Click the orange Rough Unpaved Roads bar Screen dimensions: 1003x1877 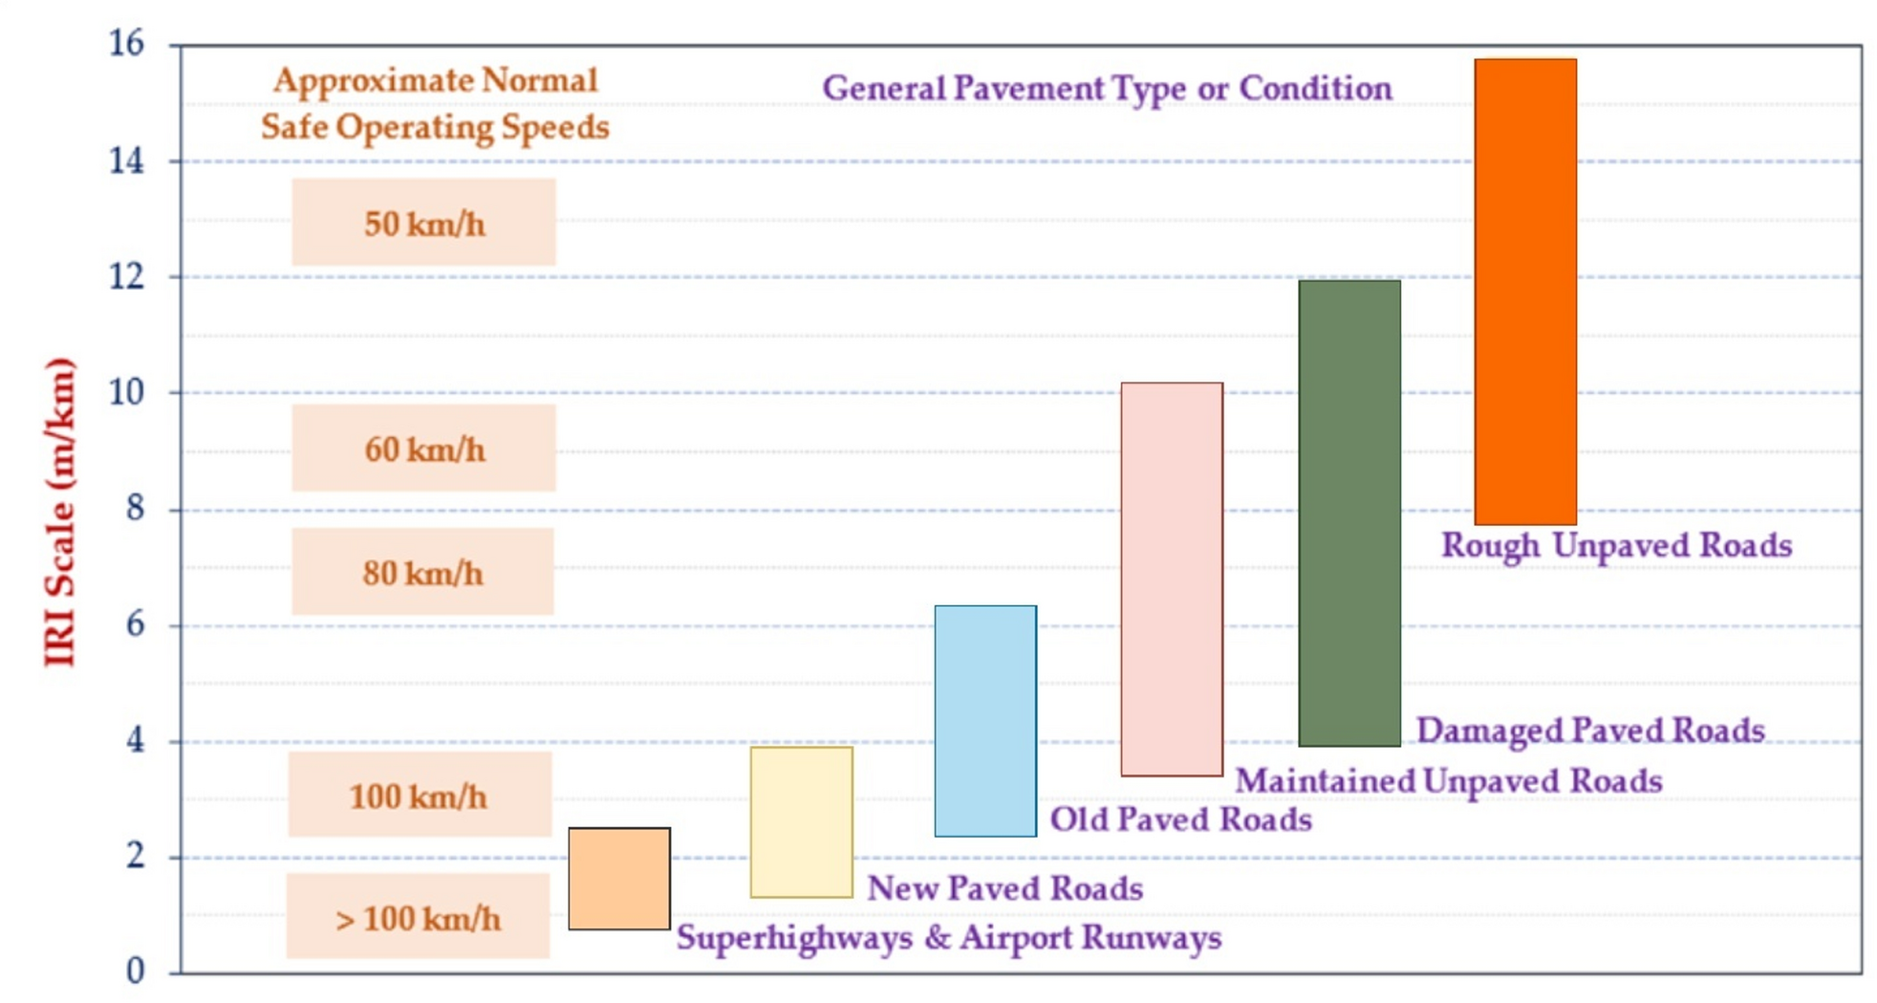[x=1524, y=292]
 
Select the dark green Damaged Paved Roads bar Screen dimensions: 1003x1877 [x=1348, y=513]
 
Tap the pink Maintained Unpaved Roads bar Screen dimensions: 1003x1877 [x=1171, y=579]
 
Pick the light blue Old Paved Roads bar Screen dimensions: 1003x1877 [x=984, y=721]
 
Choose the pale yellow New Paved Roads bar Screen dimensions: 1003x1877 [x=801, y=822]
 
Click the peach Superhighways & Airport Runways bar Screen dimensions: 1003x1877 [x=618, y=879]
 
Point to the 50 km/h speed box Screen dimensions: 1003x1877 [x=423, y=223]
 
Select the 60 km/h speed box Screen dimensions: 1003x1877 [x=423, y=447]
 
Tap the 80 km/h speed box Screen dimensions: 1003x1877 [x=422, y=572]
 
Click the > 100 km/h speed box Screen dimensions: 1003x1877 [x=418, y=917]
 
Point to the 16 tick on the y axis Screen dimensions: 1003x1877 [x=126, y=43]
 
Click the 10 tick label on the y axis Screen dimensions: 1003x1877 [x=126, y=392]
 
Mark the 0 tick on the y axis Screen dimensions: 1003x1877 [x=136, y=971]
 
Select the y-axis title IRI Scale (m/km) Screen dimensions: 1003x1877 [x=59, y=512]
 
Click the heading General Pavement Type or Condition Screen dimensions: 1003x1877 [x=1107, y=89]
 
